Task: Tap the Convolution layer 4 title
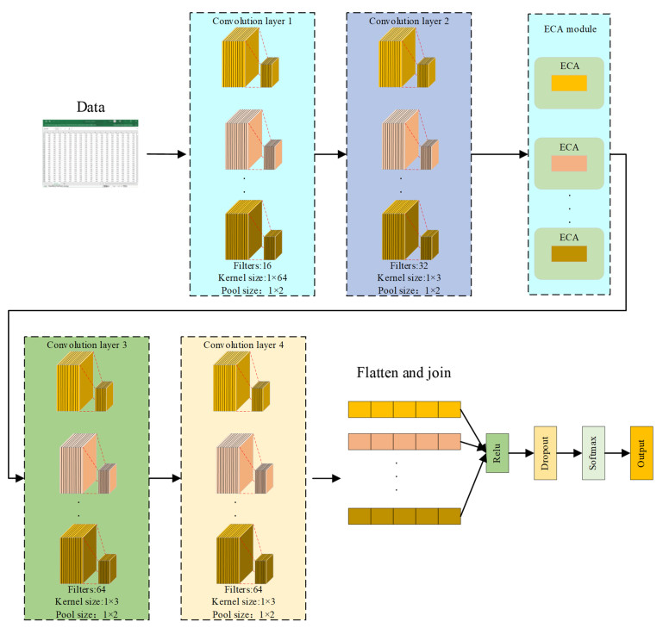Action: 243,345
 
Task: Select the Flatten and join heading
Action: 404,373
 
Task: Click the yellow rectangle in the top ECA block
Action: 568,84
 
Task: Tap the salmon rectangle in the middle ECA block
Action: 568,164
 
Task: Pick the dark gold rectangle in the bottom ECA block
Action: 568,252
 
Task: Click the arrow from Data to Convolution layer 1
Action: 166,155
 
